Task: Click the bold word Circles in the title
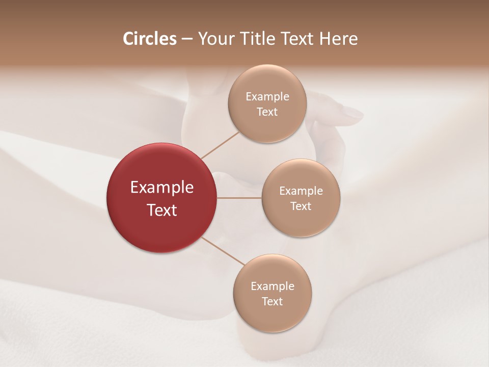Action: point(149,39)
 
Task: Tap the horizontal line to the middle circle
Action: point(239,198)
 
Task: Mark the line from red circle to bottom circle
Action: point(223,251)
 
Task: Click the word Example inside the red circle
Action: point(161,188)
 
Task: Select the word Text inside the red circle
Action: point(161,210)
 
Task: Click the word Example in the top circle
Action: point(267,97)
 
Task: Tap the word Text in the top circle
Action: point(267,112)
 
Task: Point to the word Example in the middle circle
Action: point(301,191)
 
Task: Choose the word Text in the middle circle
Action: point(301,206)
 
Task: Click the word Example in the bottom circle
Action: point(273,286)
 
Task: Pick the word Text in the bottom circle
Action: point(273,302)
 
